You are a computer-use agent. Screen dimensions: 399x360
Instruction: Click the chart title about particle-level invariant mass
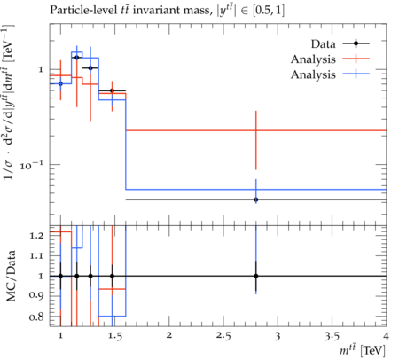click(x=167, y=11)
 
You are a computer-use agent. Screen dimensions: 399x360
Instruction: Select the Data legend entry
click(x=340, y=43)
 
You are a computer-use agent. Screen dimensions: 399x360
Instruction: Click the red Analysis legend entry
click(x=330, y=59)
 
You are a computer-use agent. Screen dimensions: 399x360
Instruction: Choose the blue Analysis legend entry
click(x=330, y=74)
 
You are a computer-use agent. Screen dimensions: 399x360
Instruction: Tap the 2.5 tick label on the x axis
click(x=223, y=336)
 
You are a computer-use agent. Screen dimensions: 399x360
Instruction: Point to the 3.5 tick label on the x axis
click(x=332, y=336)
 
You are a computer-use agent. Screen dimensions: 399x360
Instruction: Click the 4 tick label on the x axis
click(x=386, y=336)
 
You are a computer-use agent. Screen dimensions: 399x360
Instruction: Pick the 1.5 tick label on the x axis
click(x=114, y=336)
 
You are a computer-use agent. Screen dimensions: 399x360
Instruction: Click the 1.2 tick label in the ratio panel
click(x=36, y=236)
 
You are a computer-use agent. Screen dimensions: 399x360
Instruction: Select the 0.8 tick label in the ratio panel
click(x=36, y=317)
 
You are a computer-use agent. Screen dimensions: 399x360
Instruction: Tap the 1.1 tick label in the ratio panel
click(x=36, y=256)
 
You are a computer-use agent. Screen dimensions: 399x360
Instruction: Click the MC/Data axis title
click(x=11, y=276)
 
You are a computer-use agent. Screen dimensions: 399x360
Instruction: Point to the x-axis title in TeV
click(x=363, y=350)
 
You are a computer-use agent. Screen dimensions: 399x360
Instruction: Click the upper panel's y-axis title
click(x=10, y=101)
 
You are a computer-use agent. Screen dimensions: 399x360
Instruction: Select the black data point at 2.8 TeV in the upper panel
click(x=256, y=200)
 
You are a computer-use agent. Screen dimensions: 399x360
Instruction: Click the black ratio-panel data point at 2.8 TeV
click(x=256, y=276)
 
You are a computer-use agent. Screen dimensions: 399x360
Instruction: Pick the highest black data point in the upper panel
click(x=77, y=58)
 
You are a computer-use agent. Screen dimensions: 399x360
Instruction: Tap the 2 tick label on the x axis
click(x=169, y=336)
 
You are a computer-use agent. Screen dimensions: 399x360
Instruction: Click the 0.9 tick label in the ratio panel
click(x=36, y=295)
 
